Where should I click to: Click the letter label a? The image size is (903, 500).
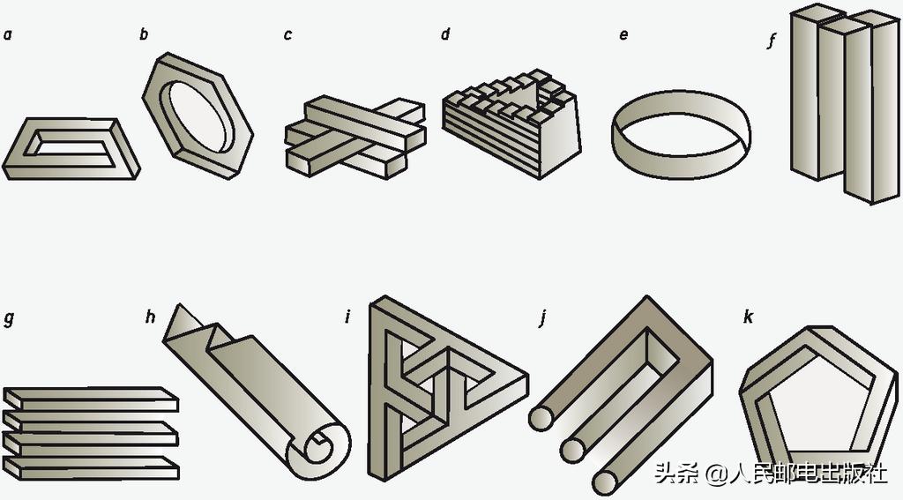point(7,36)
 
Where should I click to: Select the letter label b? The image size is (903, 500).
point(144,35)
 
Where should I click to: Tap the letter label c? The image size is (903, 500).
point(287,36)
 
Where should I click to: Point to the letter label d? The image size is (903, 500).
point(445,35)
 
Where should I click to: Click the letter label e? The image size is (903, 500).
point(623,36)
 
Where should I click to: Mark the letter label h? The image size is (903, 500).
point(150,317)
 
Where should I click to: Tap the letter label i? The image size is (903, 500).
point(347,317)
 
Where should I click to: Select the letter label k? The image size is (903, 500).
point(748,317)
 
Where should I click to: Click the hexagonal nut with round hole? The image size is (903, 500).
point(198,116)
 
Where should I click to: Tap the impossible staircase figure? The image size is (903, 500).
point(511,123)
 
